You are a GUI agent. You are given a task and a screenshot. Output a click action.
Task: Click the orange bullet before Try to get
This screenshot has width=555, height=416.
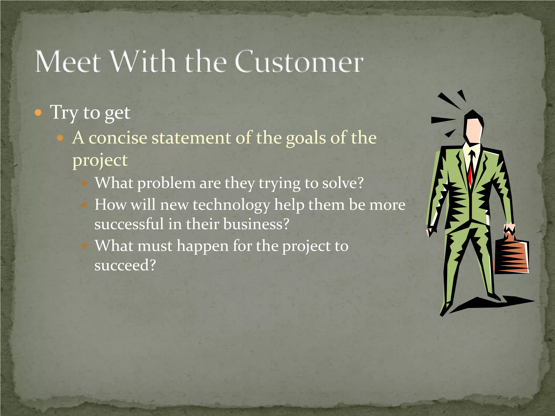coord(38,112)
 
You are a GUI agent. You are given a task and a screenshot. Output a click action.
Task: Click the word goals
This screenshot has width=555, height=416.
coord(306,138)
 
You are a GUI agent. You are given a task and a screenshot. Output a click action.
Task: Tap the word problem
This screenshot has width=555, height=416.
coord(166,184)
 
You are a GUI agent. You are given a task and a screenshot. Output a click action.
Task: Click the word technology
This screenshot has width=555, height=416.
coord(231,205)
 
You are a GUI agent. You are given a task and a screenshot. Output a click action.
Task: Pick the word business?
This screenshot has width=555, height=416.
coord(256,224)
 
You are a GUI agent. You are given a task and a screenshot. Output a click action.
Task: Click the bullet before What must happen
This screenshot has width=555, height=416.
coord(85,246)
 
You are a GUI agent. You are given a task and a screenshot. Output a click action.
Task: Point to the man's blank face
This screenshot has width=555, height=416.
coord(473,130)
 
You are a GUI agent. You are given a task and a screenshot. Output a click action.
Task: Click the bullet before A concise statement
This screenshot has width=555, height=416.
coord(60,138)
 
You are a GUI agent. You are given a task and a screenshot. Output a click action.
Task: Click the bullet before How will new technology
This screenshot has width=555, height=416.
coord(85,205)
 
